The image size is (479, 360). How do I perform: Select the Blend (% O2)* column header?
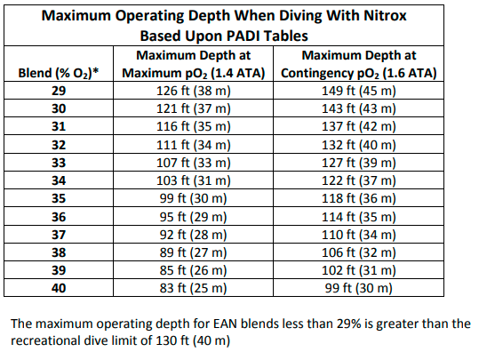click(x=60, y=72)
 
